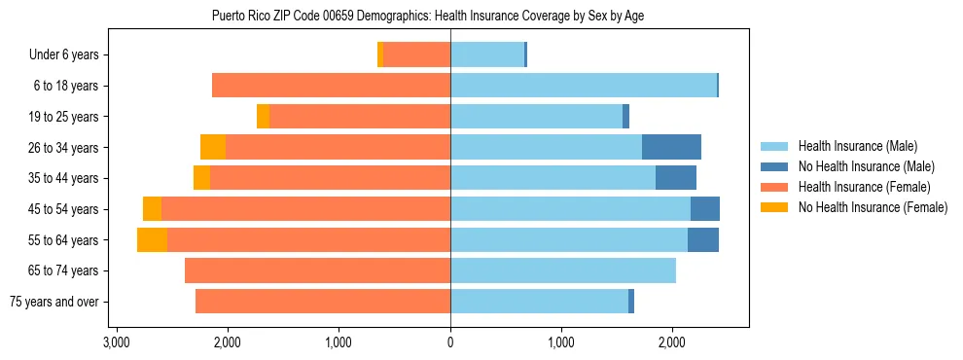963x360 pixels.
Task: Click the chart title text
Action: (x=428, y=16)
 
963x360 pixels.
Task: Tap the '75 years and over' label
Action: (x=54, y=302)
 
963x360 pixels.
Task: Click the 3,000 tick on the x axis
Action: (x=117, y=342)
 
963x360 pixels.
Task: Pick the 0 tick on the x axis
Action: (x=450, y=342)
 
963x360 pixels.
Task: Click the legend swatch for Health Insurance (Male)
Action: (x=775, y=146)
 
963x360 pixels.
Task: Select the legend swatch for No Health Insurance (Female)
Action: (x=775, y=207)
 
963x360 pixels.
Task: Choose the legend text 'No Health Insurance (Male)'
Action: (x=866, y=166)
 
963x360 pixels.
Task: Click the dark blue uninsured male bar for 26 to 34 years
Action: (x=671, y=147)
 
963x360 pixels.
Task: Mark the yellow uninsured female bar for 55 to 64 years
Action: (x=152, y=239)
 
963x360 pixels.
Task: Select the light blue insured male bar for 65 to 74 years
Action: (x=563, y=270)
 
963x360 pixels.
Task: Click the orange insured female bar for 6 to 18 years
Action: (x=331, y=86)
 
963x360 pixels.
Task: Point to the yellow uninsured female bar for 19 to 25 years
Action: (x=263, y=117)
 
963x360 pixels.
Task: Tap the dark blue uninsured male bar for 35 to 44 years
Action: (x=676, y=178)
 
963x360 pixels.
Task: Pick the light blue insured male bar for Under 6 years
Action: (x=487, y=54)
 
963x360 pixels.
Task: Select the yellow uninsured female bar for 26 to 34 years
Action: (x=213, y=147)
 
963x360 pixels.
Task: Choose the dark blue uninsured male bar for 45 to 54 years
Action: (x=705, y=209)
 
